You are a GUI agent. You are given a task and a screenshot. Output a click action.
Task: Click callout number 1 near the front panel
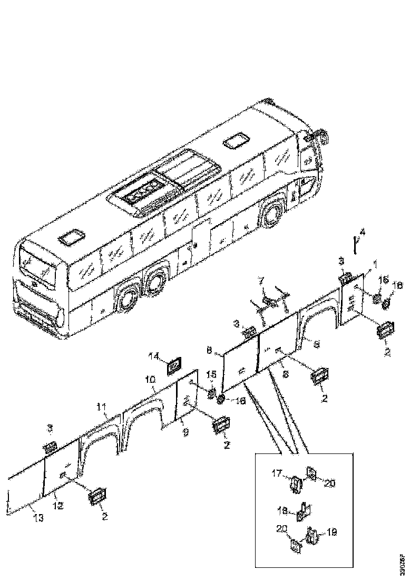tap(376, 263)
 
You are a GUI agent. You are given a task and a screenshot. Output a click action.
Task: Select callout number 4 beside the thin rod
tap(362, 232)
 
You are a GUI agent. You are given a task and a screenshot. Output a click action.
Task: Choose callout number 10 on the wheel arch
tap(150, 379)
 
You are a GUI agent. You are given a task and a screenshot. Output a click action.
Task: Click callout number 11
tap(101, 407)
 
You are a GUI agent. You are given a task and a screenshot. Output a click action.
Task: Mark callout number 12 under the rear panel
tap(58, 506)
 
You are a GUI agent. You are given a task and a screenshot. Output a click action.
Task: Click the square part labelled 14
tap(174, 365)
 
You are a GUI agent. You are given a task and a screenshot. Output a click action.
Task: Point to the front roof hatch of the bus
tap(236, 141)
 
